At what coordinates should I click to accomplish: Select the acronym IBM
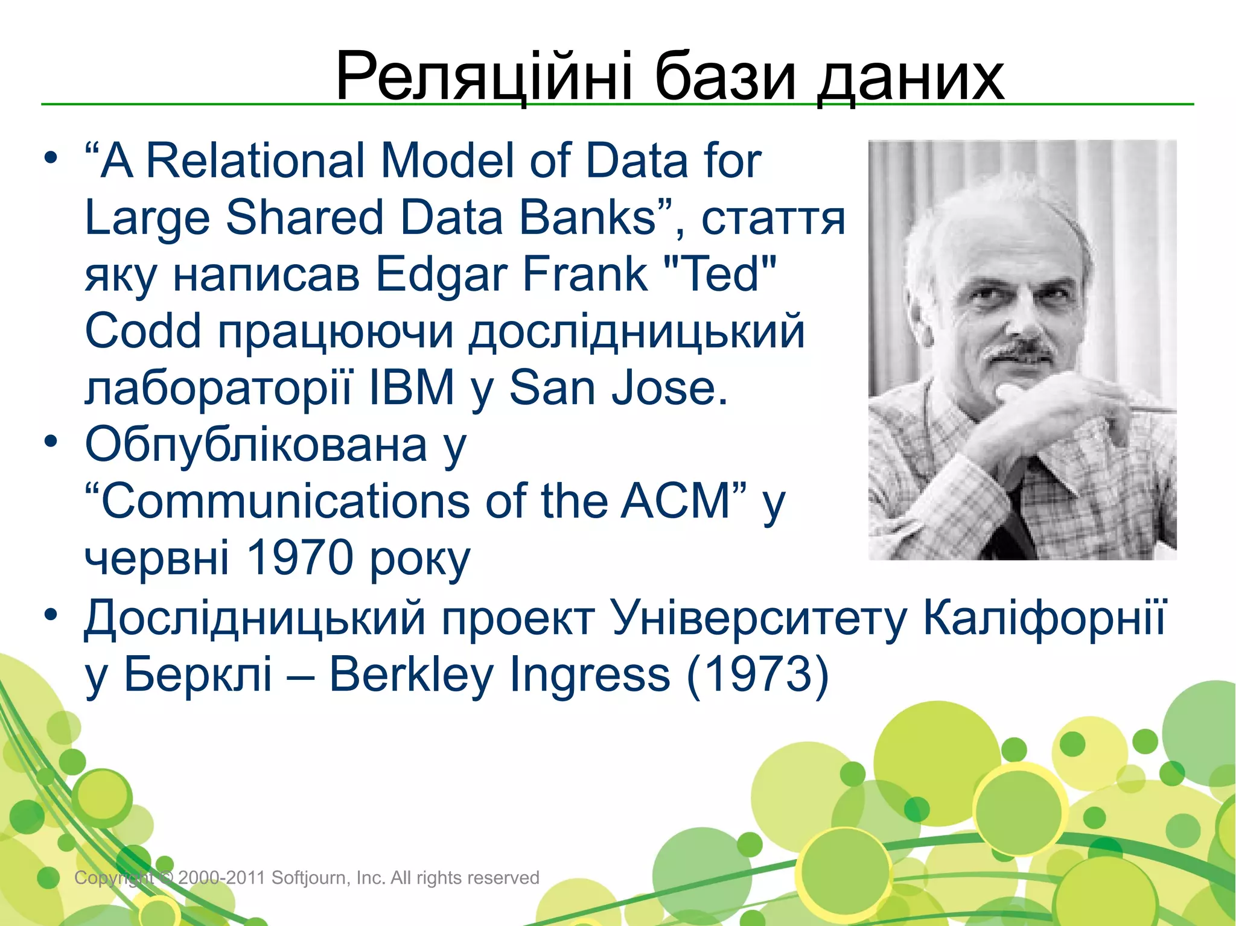412,388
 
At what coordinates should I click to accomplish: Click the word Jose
669,388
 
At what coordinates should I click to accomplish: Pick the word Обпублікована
256,445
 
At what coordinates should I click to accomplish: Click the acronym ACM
676,501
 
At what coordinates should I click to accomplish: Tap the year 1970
300,557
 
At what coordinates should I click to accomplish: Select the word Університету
758,618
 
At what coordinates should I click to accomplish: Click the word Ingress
590,674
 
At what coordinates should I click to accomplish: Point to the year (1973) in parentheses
758,674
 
